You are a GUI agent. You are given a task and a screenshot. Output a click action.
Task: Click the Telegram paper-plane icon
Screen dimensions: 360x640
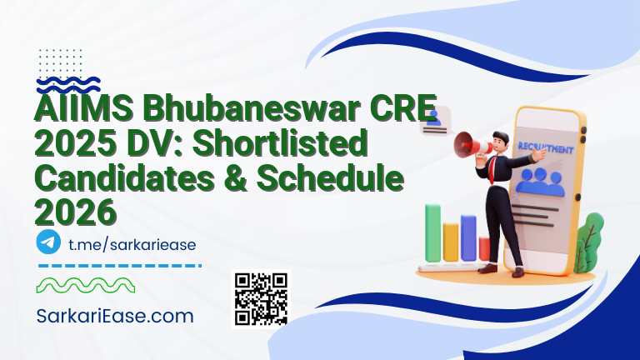click(x=48, y=242)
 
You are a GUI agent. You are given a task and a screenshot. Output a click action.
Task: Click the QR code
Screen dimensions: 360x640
click(x=261, y=298)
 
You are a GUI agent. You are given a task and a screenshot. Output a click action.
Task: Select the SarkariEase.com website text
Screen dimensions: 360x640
click(x=116, y=316)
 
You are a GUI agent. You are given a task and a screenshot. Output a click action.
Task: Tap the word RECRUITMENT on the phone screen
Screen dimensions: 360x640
click(x=546, y=151)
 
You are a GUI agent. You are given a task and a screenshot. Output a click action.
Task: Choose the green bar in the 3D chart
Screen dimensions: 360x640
click(x=433, y=232)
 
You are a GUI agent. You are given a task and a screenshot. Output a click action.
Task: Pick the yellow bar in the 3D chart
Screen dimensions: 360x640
click(x=451, y=241)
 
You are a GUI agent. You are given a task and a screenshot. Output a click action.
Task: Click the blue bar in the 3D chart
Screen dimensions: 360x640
click(x=468, y=237)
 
